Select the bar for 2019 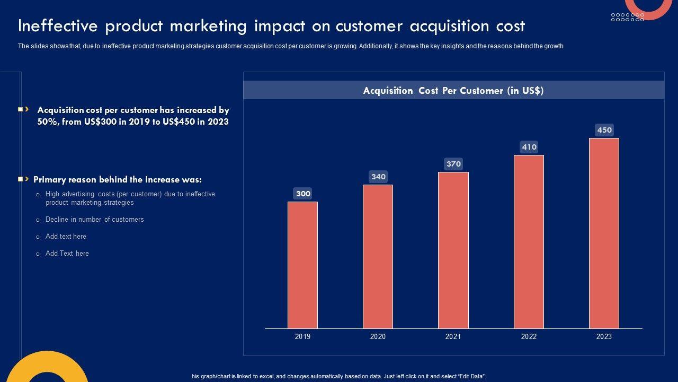302,265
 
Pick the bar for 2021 453,250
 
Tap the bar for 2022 529,241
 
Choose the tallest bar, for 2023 604,233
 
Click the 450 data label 604,130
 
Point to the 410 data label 529,147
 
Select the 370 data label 453,164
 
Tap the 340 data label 378,177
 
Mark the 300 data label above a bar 303,194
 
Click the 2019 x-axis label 302,336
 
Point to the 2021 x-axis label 453,336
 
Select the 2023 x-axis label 604,336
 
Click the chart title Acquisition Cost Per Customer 453,91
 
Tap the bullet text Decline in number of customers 94,220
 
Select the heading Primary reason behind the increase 118,180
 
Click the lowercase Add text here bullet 66,237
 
